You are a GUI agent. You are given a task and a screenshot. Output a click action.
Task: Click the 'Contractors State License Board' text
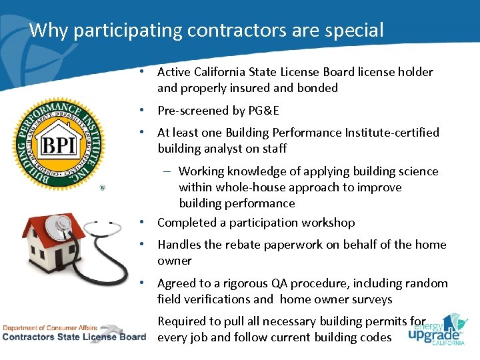tap(73, 337)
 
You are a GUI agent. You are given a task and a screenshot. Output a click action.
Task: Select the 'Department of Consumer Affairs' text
tap(49, 327)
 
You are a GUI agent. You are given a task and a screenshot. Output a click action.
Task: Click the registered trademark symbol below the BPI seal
tap(102, 188)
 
